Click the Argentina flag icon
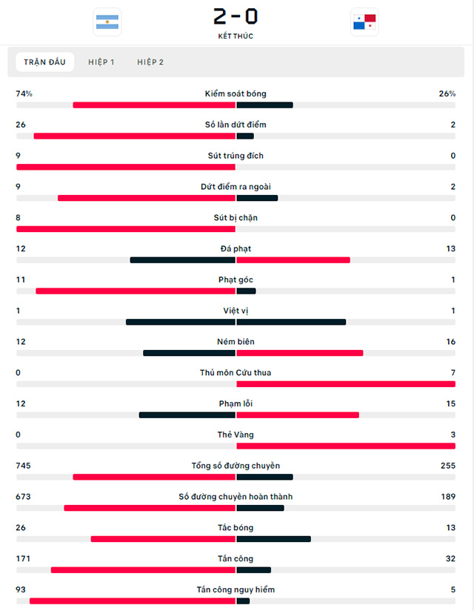click(107, 22)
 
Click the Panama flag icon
click(364, 22)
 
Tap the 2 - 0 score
click(236, 16)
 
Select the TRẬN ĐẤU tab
click(44, 62)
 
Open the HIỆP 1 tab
click(101, 62)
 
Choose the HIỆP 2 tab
click(150, 62)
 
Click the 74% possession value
click(24, 94)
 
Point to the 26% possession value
click(447, 94)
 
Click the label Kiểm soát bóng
click(236, 94)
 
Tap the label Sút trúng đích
click(236, 156)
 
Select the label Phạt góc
click(236, 280)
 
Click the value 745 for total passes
click(24, 466)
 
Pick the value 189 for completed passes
click(447, 497)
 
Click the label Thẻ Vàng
click(236, 435)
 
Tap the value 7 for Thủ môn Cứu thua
click(452, 372)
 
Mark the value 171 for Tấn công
click(24, 558)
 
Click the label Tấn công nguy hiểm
click(236, 589)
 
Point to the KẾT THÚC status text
click(236, 36)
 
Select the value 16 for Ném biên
click(450, 342)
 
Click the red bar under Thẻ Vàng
click(345, 446)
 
